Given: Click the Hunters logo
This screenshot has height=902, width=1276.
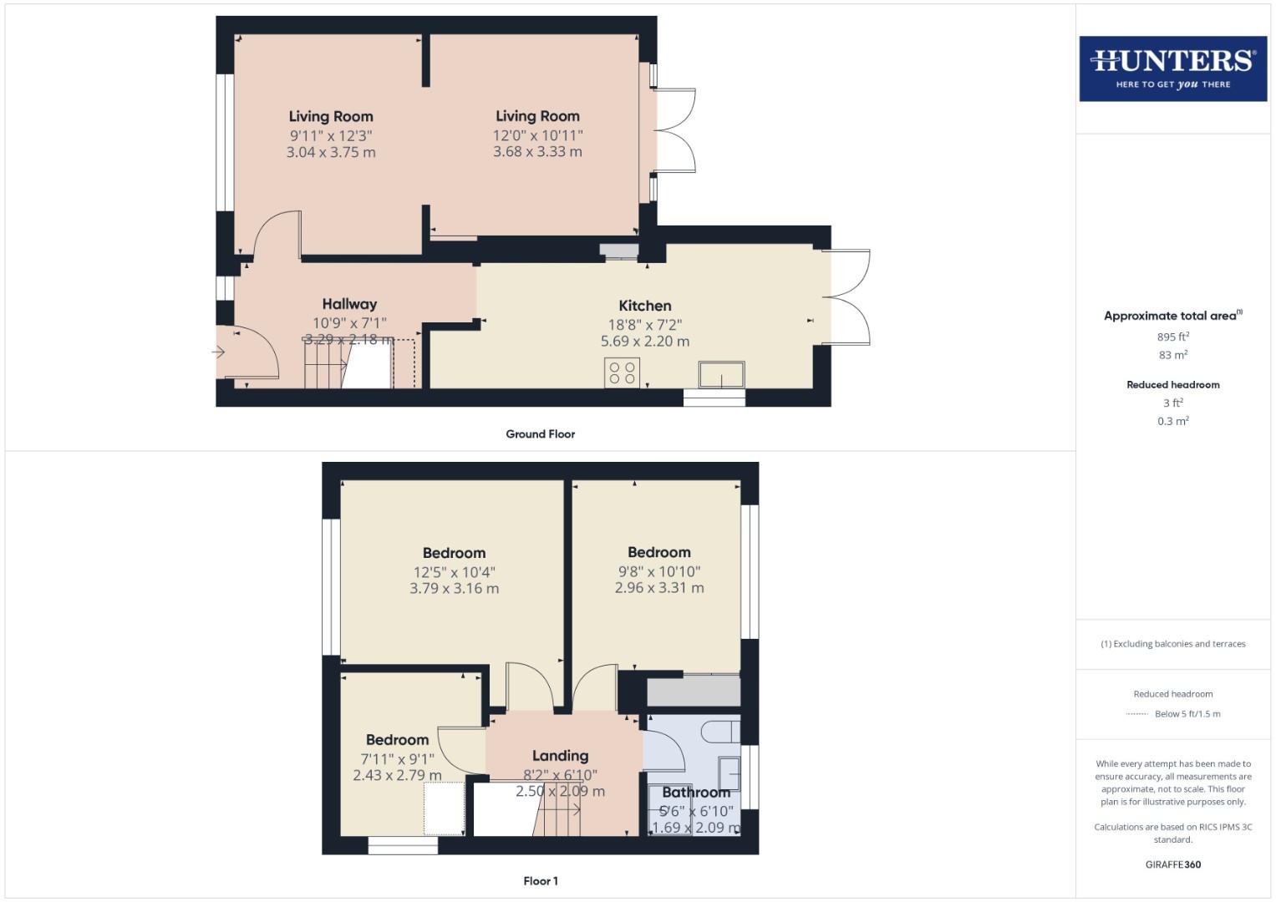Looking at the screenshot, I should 1172,68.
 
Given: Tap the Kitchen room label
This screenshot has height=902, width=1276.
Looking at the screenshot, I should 644,306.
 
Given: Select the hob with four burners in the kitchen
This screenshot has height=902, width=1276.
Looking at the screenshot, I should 622,372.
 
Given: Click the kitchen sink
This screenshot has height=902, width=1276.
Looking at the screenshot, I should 721,375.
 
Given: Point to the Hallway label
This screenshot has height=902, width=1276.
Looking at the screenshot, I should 349,304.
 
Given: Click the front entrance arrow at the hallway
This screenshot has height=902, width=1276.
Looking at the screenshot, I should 219,352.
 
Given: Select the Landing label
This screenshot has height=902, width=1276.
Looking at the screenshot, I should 560,756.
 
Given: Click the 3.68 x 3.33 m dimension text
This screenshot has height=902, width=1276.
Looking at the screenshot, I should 537,152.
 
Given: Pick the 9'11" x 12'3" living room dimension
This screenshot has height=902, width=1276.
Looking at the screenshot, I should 331,135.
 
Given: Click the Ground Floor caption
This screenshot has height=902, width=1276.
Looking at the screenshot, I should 540,434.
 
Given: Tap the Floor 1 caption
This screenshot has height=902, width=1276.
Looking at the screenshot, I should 540,881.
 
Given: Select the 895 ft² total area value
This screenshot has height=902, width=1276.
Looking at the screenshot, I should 1172,337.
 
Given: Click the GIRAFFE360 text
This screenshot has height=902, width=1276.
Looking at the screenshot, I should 1172,864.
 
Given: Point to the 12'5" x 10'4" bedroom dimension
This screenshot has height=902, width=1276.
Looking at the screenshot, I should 454,572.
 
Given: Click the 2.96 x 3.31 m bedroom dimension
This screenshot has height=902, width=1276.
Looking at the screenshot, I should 659,588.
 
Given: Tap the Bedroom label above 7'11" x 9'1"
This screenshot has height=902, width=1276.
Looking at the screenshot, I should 397,740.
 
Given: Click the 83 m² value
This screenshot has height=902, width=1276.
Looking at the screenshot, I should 1172,355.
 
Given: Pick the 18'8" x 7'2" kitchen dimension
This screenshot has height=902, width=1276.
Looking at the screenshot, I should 644,324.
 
